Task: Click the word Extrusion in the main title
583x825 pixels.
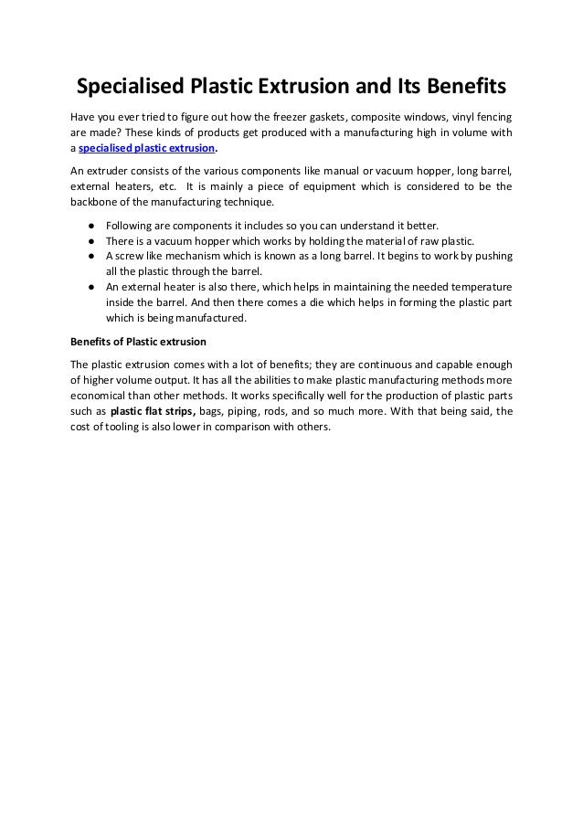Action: point(311,89)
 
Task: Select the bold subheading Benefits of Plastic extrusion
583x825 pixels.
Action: point(139,343)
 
